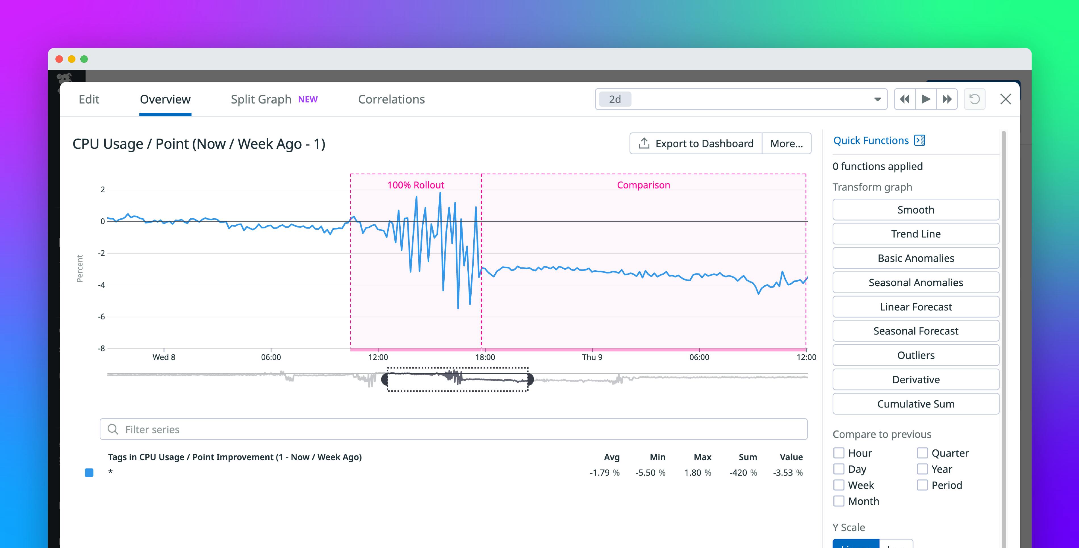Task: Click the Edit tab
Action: point(89,99)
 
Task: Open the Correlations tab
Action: point(391,99)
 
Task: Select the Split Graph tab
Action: point(261,99)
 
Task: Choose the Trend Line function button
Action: point(916,234)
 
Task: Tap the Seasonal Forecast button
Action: point(916,331)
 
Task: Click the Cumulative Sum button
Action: point(916,404)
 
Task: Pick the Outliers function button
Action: point(916,355)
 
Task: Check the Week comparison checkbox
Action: point(838,485)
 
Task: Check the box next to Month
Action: point(838,501)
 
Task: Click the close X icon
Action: point(1005,99)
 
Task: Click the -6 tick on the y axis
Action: point(101,317)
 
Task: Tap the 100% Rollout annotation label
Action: point(415,185)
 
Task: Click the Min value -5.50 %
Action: point(650,472)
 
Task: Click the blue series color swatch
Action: point(89,472)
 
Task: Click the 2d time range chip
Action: point(614,99)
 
